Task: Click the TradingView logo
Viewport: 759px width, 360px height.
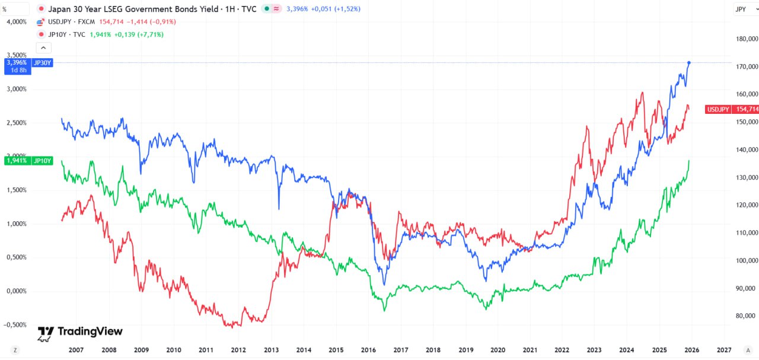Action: (x=80, y=332)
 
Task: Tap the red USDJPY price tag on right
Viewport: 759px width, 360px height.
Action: (x=732, y=109)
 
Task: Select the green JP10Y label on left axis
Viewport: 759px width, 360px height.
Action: (x=28, y=161)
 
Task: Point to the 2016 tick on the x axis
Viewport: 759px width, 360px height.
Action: (x=368, y=350)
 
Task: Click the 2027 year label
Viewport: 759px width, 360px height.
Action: (x=724, y=350)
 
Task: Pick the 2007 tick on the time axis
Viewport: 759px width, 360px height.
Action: (x=75, y=350)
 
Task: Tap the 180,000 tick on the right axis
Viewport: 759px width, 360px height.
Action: (x=746, y=39)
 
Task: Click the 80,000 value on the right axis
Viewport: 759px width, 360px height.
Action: (x=746, y=316)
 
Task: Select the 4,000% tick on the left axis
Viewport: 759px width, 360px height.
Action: (x=16, y=21)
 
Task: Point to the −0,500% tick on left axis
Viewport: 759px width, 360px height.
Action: (x=14, y=325)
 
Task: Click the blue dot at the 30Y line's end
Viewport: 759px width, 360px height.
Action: (x=688, y=62)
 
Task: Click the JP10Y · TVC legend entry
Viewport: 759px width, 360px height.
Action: (x=66, y=34)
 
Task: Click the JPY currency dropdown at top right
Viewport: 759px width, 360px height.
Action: (x=743, y=9)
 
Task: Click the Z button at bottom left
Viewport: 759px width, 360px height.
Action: (x=14, y=350)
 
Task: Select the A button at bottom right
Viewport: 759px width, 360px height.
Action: (x=748, y=350)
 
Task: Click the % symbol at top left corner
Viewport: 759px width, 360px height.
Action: (x=5, y=9)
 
